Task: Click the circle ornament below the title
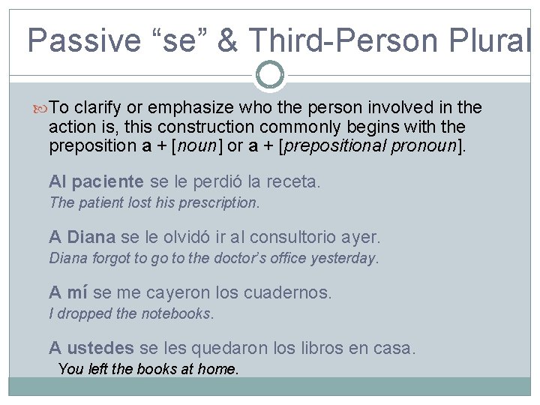click(x=270, y=75)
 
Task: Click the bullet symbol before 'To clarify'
click(x=41, y=108)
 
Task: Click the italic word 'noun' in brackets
click(x=199, y=145)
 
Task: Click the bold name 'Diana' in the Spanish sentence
click(x=91, y=238)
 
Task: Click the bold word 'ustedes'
click(x=100, y=349)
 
